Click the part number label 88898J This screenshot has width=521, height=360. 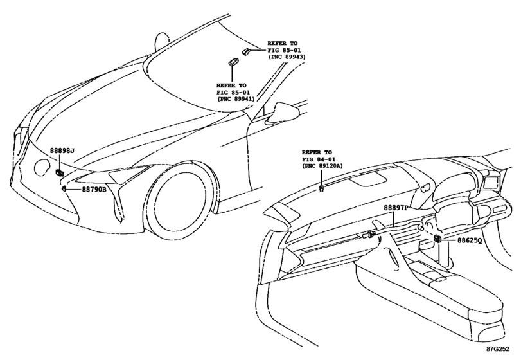[x=62, y=151]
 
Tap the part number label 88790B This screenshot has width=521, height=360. [x=94, y=190]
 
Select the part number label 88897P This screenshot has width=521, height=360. [x=396, y=208]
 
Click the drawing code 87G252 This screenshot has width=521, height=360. [x=498, y=349]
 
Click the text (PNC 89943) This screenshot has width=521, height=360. [x=287, y=57]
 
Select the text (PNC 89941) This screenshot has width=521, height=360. [x=236, y=99]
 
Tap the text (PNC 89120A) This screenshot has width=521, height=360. [x=322, y=166]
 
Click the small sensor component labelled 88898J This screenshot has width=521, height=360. [x=60, y=172]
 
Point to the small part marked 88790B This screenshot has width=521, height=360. [x=63, y=189]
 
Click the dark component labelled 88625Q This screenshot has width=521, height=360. [x=437, y=239]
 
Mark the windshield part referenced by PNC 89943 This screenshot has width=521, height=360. [x=245, y=51]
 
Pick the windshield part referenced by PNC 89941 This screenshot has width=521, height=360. [x=231, y=62]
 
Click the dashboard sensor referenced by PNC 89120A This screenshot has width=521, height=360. [x=322, y=188]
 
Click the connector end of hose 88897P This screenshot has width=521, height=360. [x=369, y=235]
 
